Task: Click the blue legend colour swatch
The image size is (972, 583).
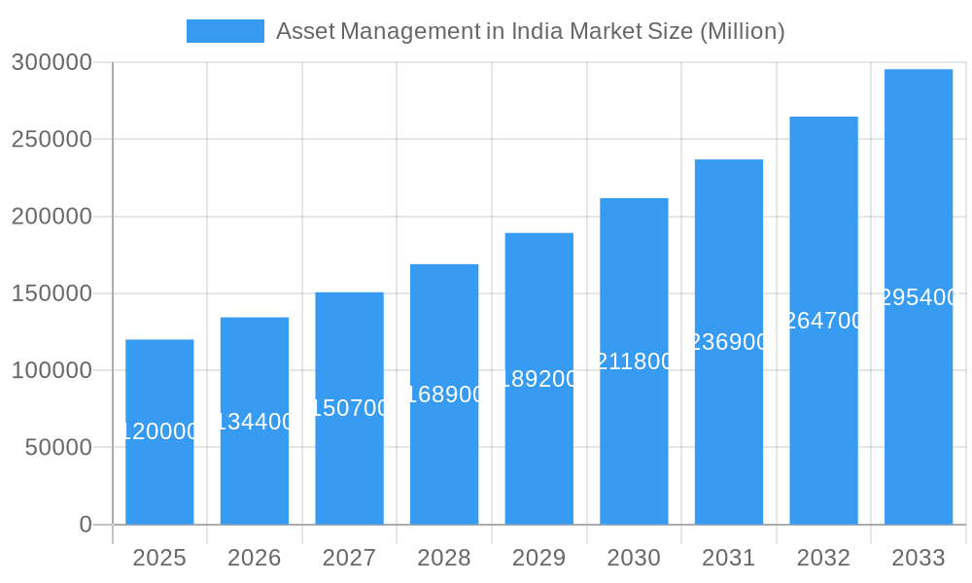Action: (225, 31)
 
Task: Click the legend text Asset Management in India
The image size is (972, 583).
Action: (530, 31)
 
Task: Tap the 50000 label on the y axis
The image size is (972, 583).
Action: (57, 448)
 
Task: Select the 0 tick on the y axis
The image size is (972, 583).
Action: (85, 525)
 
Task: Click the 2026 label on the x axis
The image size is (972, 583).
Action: (255, 558)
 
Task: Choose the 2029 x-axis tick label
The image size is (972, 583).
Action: (538, 558)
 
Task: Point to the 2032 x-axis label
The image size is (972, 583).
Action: (823, 558)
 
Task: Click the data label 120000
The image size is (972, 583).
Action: (159, 431)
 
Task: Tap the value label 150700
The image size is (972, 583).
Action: (350, 408)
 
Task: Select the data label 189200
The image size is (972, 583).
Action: (539, 379)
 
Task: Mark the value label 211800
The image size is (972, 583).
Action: (634, 361)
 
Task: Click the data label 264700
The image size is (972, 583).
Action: (823, 321)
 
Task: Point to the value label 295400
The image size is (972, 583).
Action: (919, 297)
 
